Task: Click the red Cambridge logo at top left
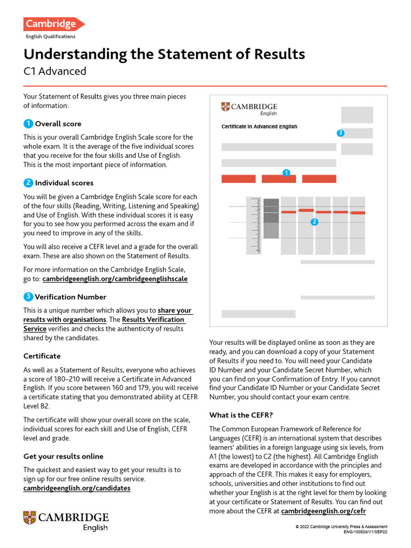[53, 24]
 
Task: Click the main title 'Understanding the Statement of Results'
[164, 54]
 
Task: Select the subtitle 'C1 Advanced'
[55, 71]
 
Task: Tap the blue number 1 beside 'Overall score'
[28, 124]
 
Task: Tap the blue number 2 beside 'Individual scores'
[28, 182]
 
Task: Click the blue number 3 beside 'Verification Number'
[28, 296]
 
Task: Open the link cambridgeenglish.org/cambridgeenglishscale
[115, 279]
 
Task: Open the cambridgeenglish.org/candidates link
[77, 488]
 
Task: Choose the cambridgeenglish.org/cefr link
[326, 511]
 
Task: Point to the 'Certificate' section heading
[42, 356]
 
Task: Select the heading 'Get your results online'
[63, 456]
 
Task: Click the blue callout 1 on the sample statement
[286, 172]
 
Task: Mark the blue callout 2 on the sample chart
[314, 222]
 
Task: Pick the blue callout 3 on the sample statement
[340, 133]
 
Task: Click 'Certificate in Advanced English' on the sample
[259, 127]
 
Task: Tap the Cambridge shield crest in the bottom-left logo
[29, 517]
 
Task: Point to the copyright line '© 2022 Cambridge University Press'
[341, 527]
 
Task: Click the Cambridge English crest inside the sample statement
[225, 107]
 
